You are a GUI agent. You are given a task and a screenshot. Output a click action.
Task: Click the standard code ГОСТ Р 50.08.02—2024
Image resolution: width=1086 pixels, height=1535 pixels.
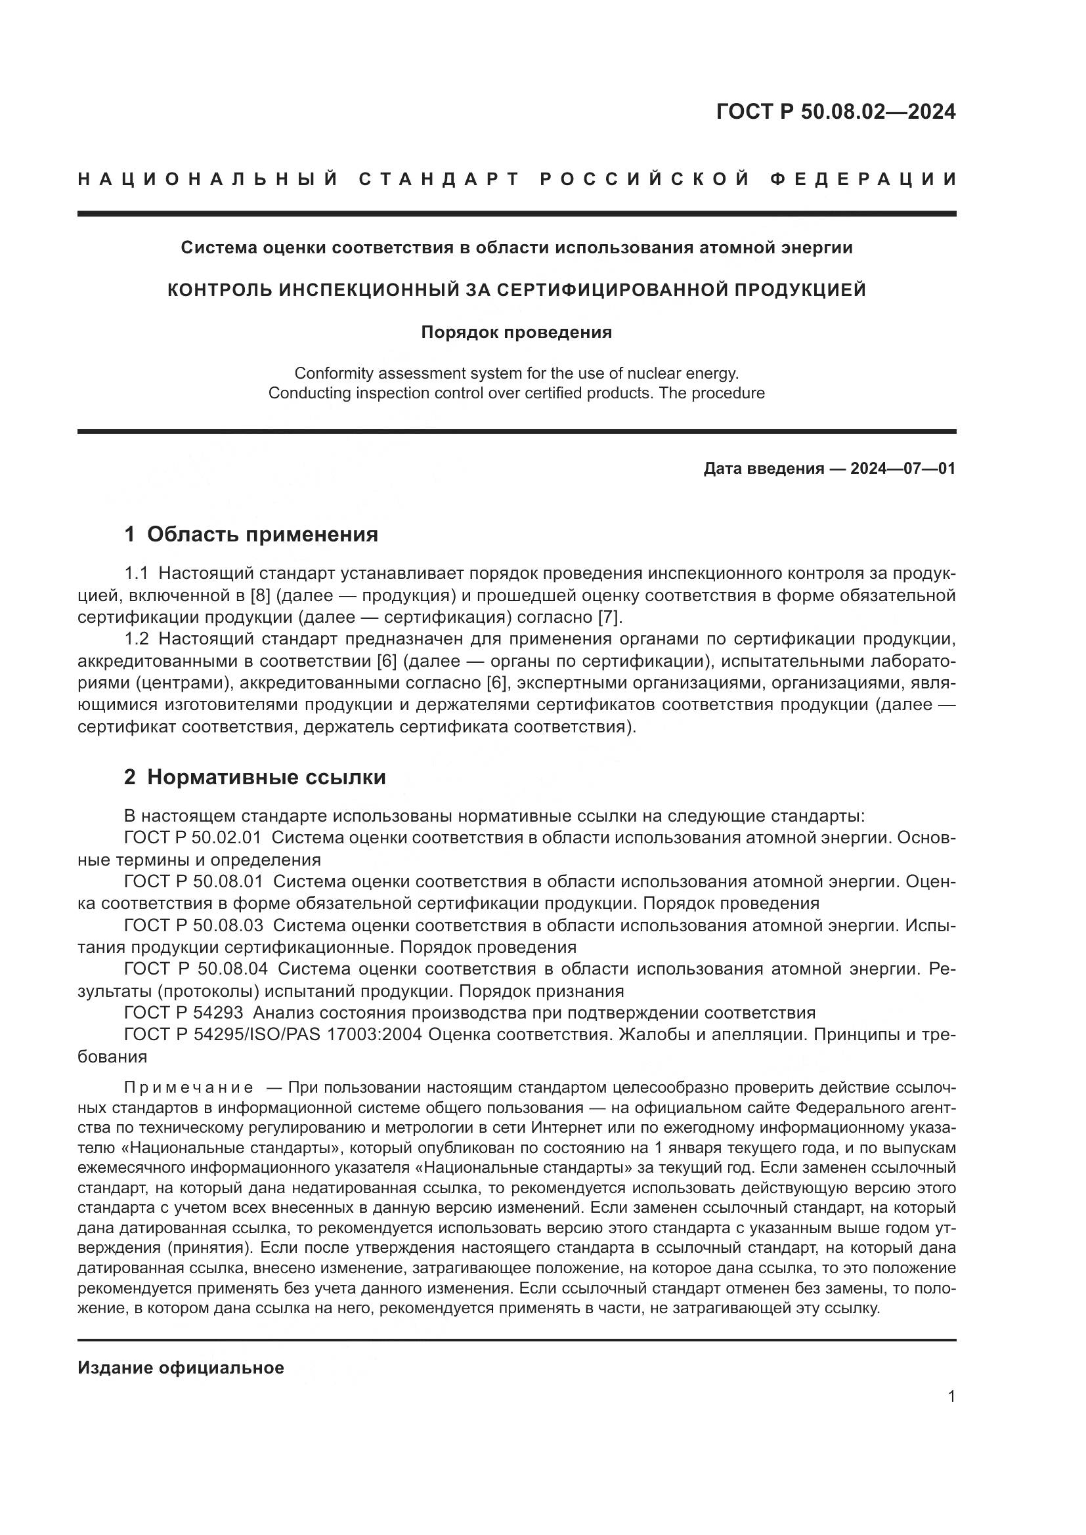coord(835,112)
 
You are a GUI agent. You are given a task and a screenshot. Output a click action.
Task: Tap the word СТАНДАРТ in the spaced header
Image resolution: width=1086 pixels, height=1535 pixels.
coord(439,179)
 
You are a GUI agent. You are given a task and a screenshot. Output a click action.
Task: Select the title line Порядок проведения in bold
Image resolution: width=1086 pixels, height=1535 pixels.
coord(516,332)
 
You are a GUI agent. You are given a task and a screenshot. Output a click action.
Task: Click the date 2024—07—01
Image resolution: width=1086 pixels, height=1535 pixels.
coord(903,469)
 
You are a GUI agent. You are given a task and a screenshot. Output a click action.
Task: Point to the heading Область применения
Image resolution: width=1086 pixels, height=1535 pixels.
coord(262,534)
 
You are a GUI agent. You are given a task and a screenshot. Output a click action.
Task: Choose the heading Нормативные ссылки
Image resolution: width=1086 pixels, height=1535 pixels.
coord(266,777)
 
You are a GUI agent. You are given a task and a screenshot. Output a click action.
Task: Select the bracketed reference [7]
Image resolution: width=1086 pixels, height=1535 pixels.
coord(609,616)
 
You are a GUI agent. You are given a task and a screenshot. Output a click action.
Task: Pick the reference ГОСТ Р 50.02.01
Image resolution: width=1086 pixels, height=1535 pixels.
coord(192,837)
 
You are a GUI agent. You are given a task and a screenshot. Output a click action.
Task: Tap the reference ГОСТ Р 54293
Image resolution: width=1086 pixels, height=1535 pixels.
coord(183,1012)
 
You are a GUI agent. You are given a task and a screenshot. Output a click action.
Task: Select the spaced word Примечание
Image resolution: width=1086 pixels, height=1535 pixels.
coord(188,1087)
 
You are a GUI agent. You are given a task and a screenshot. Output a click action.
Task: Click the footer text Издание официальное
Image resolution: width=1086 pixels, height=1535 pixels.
coord(181,1368)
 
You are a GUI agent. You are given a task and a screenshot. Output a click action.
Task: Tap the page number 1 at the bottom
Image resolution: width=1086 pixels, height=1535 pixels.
coord(951,1397)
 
